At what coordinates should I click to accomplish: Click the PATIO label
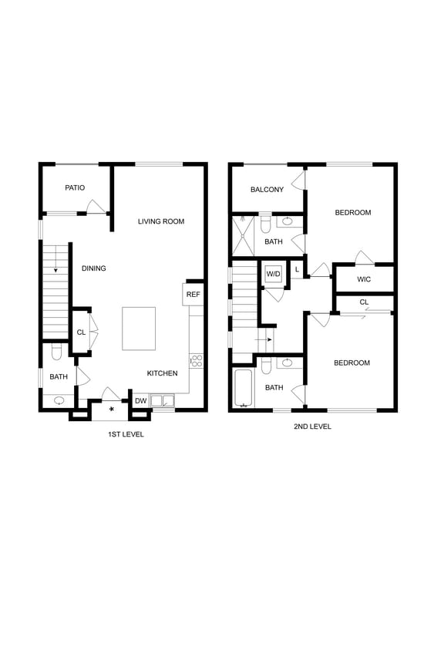pyautogui.click(x=75, y=187)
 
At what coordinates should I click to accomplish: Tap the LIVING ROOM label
pyautogui.click(x=161, y=221)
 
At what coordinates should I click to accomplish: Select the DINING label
pyautogui.click(x=94, y=268)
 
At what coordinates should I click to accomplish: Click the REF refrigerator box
pyautogui.click(x=193, y=294)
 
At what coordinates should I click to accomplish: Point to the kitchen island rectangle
pyautogui.click(x=139, y=329)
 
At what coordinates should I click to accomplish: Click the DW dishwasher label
pyautogui.click(x=141, y=400)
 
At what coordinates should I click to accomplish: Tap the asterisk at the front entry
pyautogui.click(x=112, y=409)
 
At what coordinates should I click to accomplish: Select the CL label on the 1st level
pyautogui.click(x=80, y=332)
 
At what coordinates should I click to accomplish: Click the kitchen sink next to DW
pyautogui.click(x=163, y=400)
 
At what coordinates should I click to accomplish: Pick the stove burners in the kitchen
pyautogui.click(x=196, y=360)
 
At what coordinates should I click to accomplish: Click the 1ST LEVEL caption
pyautogui.click(x=126, y=434)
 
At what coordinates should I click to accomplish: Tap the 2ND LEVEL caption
pyautogui.click(x=312, y=426)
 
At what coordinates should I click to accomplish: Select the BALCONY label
pyautogui.click(x=267, y=190)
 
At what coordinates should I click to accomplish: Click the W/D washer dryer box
pyautogui.click(x=274, y=274)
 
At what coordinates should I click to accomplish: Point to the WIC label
pyautogui.click(x=364, y=279)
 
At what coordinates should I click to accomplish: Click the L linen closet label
pyautogui.click(x=297, y=269)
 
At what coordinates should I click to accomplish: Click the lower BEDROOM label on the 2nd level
pyautogui.click(x=352, y=363)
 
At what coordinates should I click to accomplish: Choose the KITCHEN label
pyautogui.click(x=163, y=373)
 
